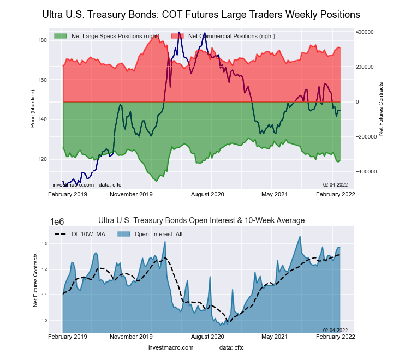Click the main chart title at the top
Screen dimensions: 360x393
pyautogui.click(x=201, y=14)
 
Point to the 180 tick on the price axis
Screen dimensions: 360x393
pyautogui.click(x=42, y=40)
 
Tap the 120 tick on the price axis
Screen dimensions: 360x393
pyautogui.click(x=42, y=159)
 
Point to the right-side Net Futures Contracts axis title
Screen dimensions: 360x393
pyautogui.click(x=381, y=109)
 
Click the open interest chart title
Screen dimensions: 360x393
pyautogui.click(x=201, y=220)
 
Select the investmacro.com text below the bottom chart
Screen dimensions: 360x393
pyautogui.click(x=171, y=347)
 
